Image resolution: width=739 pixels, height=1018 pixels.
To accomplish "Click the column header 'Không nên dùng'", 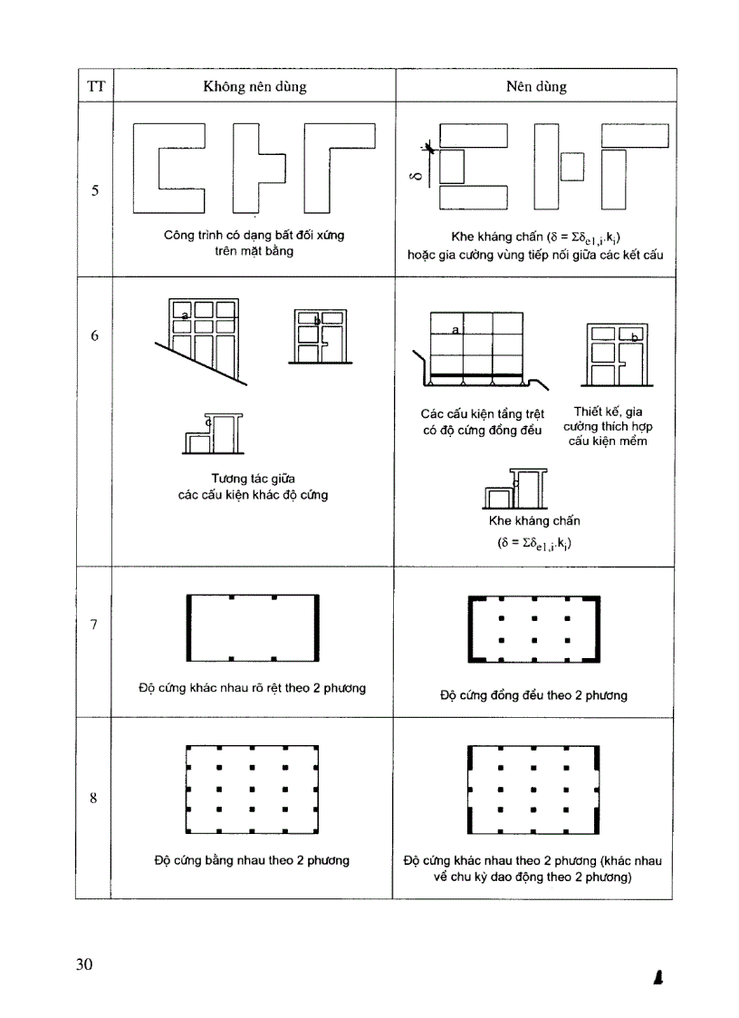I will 254,87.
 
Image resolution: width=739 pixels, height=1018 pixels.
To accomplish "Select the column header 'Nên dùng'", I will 536,87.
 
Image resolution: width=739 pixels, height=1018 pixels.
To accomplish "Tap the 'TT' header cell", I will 95,87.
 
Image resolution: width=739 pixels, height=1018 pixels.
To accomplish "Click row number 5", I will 95,191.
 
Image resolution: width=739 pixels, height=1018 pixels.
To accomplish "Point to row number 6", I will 95,335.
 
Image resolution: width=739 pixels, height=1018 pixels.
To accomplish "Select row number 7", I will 95,625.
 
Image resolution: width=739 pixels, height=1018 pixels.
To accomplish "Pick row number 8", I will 95,799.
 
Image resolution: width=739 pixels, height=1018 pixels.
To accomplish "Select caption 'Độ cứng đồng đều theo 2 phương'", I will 533,696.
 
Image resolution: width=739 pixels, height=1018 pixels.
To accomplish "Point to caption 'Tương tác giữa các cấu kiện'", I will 253,486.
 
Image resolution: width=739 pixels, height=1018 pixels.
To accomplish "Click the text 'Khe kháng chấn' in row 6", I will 534,521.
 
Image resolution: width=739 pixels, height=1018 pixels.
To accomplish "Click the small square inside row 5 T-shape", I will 571,167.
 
